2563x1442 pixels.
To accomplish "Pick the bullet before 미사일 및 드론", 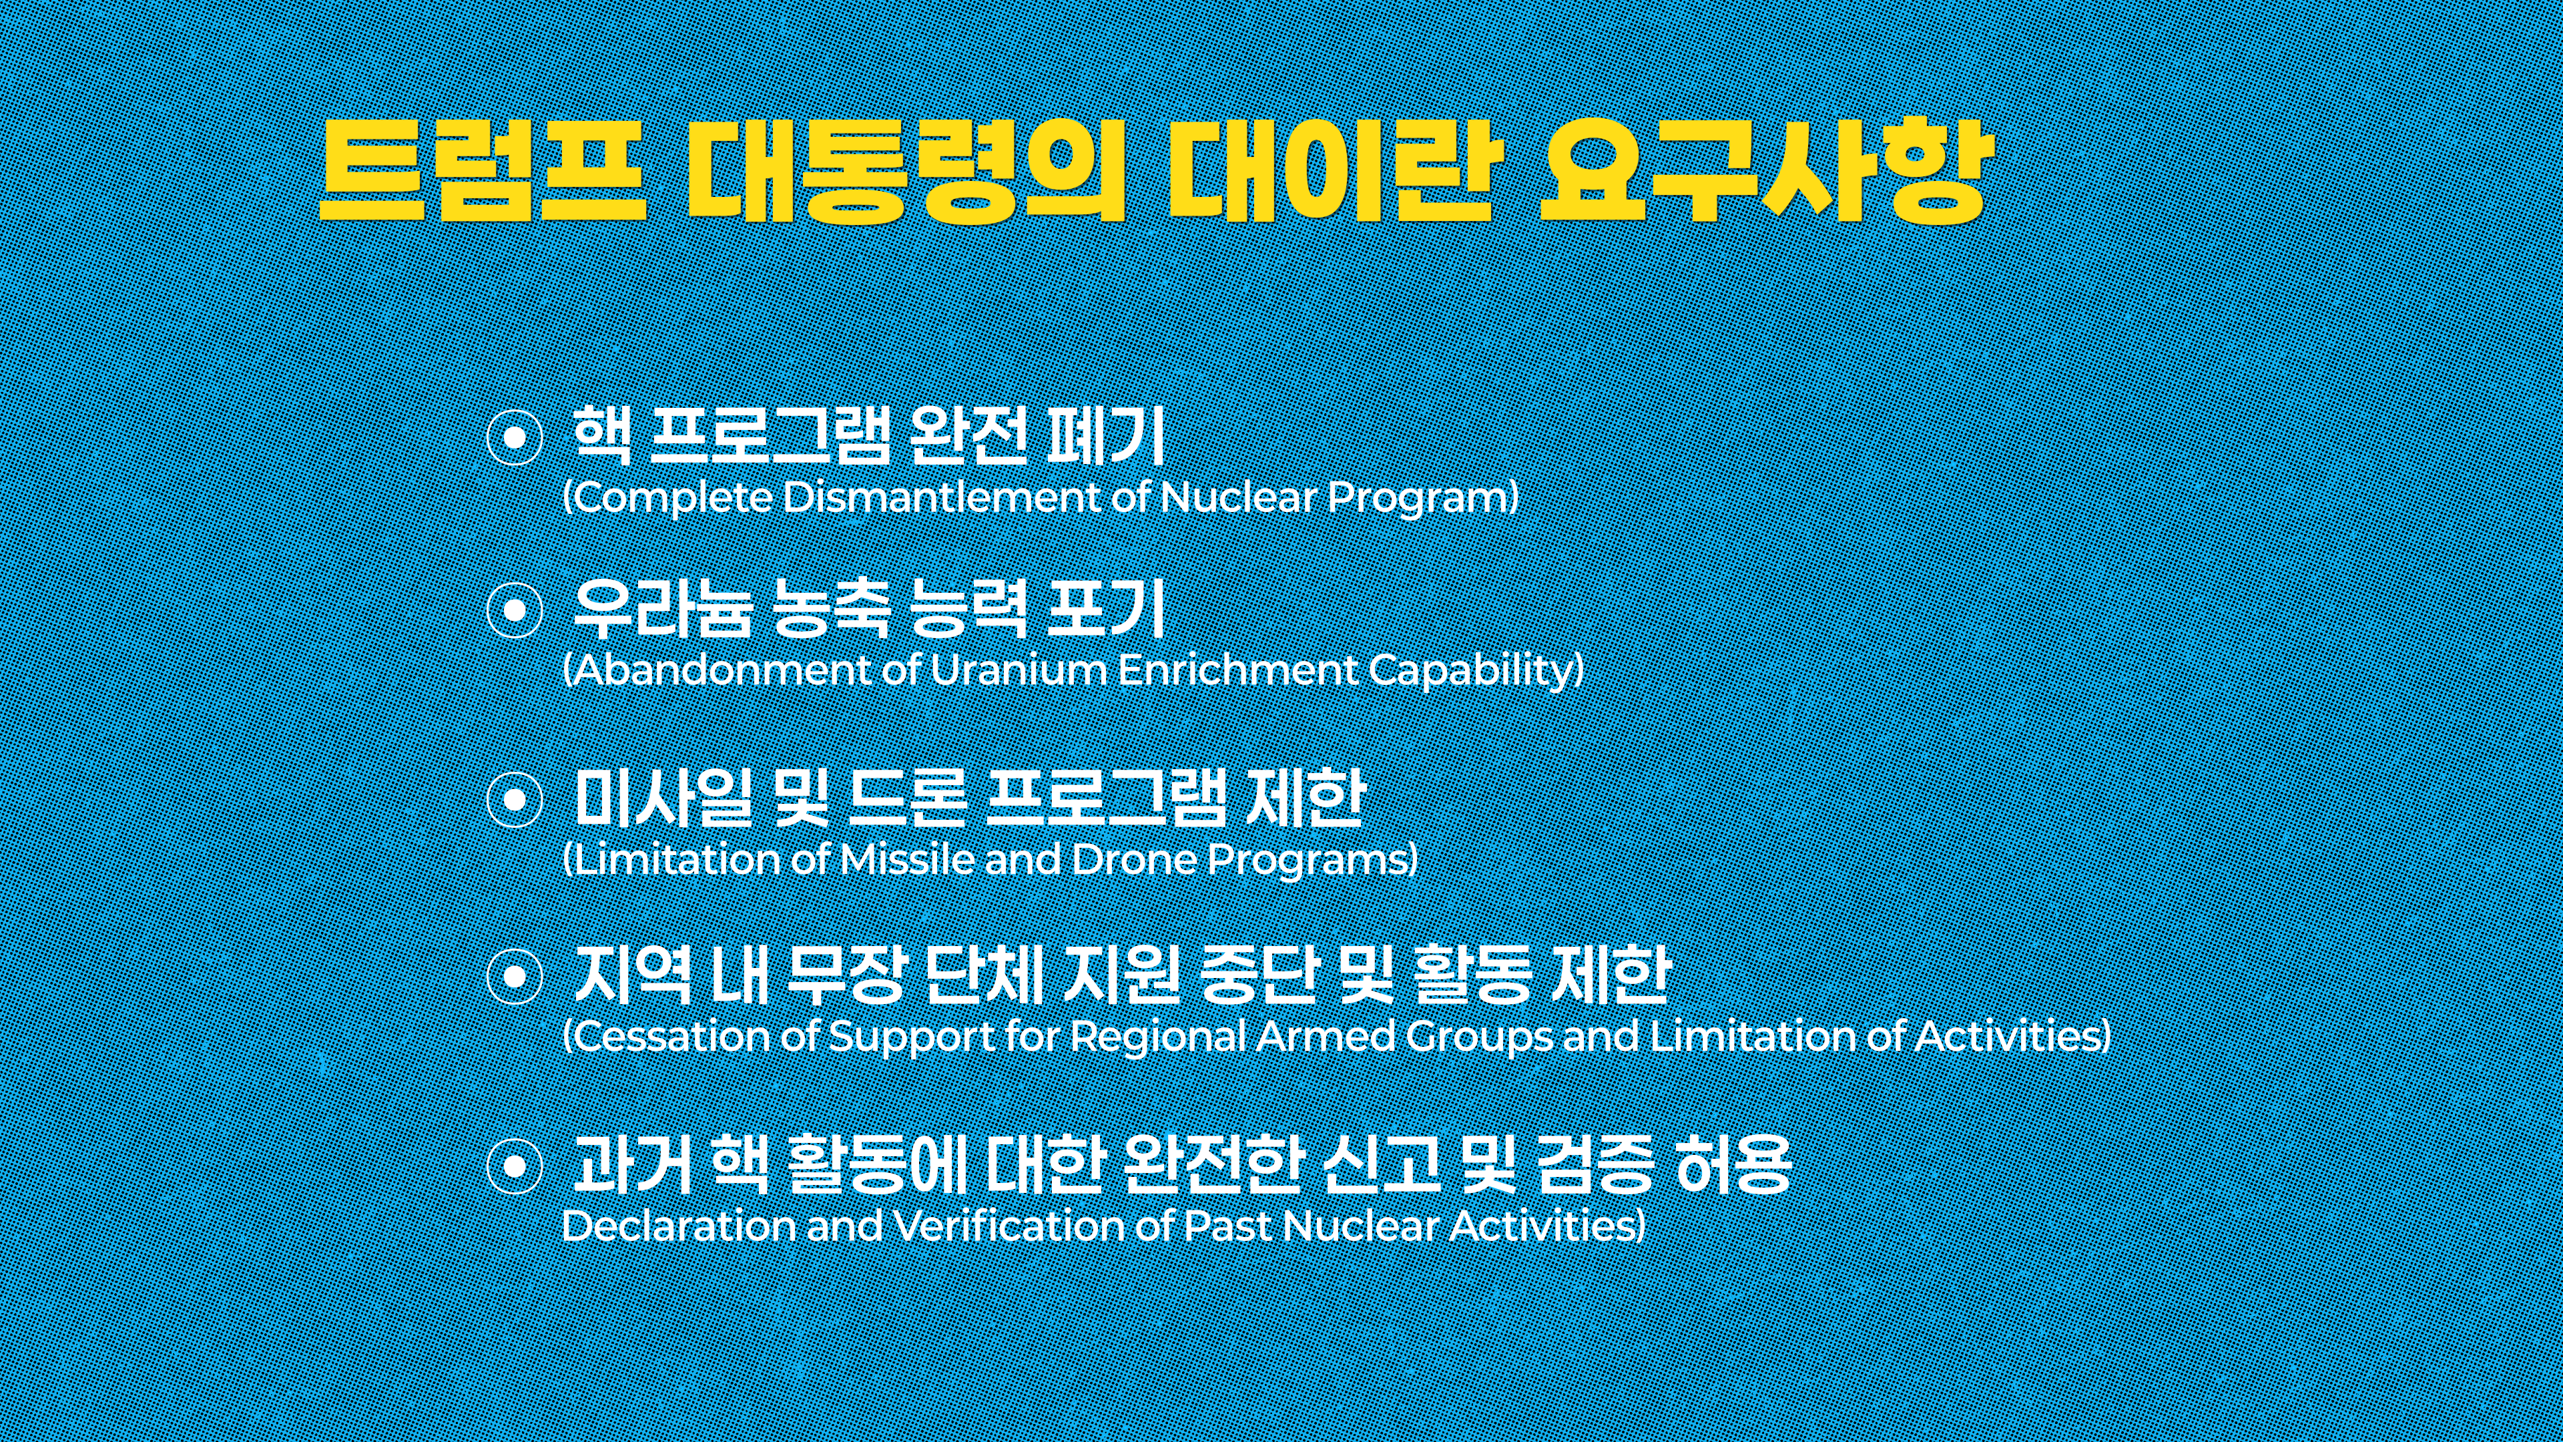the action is tap(515, 799).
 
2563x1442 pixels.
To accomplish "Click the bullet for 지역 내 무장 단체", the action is tap(515, 976).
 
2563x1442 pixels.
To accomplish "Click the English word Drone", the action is tap(1134, 859).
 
